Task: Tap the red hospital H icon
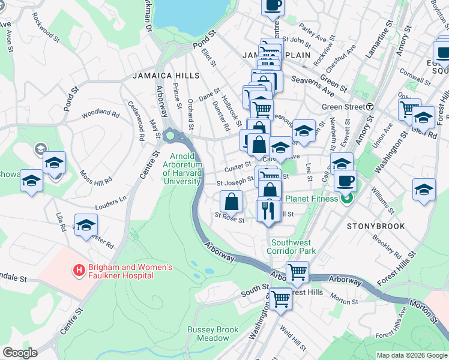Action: [x=78, y=271]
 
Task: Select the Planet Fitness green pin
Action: [x=346, y=199]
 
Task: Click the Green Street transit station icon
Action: [x=370, y=107]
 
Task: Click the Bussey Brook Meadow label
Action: [x=208, y=334]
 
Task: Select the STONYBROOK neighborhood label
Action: [x=376, y=226]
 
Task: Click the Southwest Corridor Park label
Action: [x=291, y=246]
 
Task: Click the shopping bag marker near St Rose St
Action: [x=231, y=201]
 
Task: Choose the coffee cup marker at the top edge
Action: [x=273, y=5]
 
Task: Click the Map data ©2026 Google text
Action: [x=411, y=355]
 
